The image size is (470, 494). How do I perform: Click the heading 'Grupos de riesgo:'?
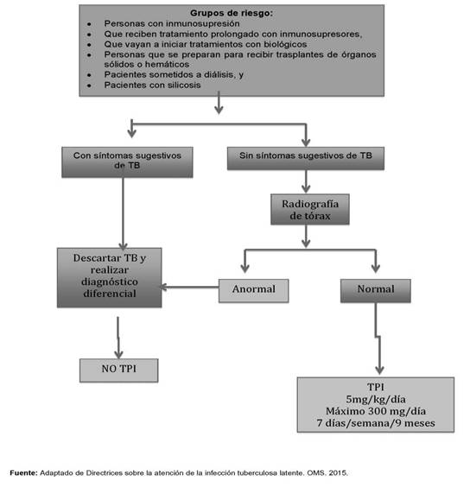pos(232,13)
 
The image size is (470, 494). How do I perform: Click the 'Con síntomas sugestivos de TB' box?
pos(127,162)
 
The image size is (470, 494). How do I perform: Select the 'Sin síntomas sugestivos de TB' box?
pos(306,158)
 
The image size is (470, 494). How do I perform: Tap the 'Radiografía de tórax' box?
pos(310,210)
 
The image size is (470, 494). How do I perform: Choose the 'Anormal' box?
pos(254,291)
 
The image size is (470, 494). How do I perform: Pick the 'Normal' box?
pos(376,291)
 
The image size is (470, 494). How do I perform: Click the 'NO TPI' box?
pos(119,370)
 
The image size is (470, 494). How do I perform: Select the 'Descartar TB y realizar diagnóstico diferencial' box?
pos(110,277)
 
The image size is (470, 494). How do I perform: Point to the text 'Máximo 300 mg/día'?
pos(376,411)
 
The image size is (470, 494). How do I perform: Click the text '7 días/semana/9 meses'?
pos(376,423)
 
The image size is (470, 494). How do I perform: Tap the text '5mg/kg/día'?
pos(376,399)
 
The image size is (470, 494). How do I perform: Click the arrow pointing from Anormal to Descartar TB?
pos(190,287)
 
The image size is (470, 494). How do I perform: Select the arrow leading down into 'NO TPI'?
pos(118,338)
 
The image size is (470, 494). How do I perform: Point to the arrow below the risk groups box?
pos(219,103)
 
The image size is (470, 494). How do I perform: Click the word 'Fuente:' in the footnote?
pos(23,473)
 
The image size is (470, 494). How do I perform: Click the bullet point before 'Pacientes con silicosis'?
pos(89,85)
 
